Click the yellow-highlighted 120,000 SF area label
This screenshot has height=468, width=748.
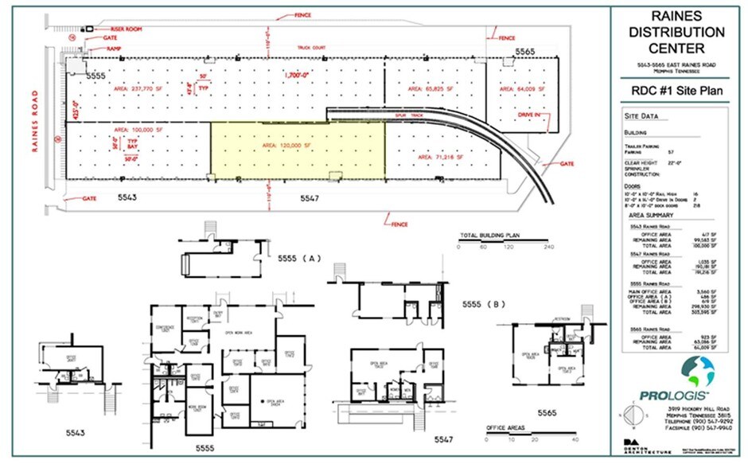[x=298, y=147]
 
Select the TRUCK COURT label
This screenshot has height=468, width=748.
[x=313, y=48]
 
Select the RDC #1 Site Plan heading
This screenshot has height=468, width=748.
[x=676, y=91]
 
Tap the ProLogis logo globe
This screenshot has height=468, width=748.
[x=699, y=371]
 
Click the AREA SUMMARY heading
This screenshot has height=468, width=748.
[x=651, y=215]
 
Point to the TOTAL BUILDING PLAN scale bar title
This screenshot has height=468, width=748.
[x=491, y=236]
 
